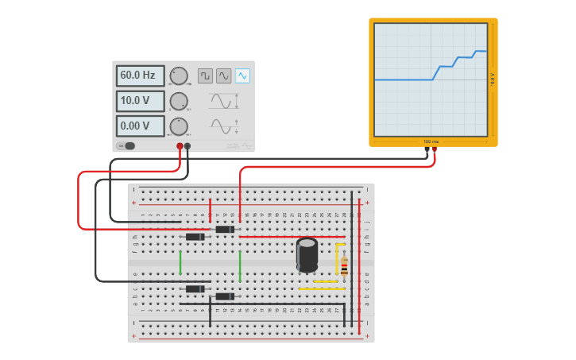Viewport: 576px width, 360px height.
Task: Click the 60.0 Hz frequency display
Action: coord(140,75)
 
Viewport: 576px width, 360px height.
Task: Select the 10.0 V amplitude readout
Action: coord(140,101)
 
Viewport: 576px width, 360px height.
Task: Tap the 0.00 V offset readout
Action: coord(140,126)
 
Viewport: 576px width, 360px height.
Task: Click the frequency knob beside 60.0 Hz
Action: coord(179,76)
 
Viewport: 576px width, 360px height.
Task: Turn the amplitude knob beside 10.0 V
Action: coord(179,102)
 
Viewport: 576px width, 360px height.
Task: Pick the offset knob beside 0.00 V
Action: coord(179,126)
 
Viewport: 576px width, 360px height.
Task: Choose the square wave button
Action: coord(205,75)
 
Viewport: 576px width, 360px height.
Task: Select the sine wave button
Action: coord(224,75)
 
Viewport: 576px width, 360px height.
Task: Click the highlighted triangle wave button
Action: coord(242,75)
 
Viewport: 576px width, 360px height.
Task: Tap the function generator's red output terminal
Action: coord(180,146)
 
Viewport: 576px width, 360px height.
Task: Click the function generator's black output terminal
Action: coord(187,146)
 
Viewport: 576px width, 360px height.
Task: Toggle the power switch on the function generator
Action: coord(126,145)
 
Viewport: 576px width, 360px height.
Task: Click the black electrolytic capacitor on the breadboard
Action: coord(307,255)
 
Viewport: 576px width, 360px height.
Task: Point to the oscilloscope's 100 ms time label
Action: coord(431,141)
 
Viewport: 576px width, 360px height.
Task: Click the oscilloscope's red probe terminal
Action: coord(435,149)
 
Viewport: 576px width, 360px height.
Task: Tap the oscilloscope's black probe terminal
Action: coord(427,149)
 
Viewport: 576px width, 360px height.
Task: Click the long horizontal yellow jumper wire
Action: coord(322,288)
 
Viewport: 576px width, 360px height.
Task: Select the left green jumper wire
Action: coord(180,262)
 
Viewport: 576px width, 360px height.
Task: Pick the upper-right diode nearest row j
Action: coord(225,230)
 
